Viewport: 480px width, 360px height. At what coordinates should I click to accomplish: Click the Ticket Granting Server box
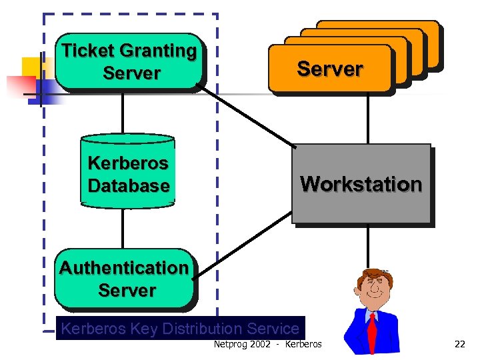coord(129,62)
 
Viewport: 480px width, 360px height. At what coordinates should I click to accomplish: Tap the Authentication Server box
coord(125,279)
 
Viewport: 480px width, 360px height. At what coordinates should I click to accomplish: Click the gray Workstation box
coord(361,184)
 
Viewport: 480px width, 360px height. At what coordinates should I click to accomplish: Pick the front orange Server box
coord(329,69)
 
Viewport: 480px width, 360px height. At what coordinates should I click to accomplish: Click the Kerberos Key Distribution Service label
coord(180,329)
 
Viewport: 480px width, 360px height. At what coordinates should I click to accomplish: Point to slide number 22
coord(459,344)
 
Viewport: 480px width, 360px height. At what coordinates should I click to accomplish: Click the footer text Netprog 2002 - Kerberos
coord(267,344)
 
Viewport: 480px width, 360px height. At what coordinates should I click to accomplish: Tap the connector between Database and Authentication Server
coord(123,228)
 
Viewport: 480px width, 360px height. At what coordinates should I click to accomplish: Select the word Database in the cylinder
coord(129,186)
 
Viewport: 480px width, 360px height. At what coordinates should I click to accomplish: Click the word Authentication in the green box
coord(124,267)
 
